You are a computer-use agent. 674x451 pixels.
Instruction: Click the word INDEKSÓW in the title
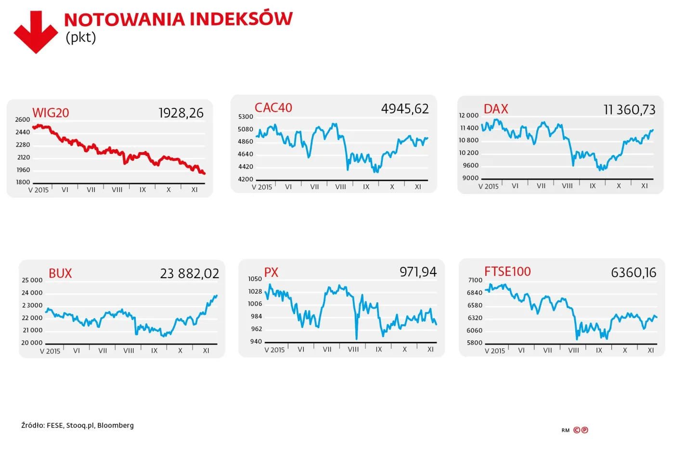[x=241, y=19]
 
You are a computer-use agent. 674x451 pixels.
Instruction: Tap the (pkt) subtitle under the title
[x=80, y=38]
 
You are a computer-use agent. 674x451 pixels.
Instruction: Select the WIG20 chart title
[x=51, y=113]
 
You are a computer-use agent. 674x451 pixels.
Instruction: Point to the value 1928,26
[x=181, y=113]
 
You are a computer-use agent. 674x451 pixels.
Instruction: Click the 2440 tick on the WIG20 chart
[x=23, y=132]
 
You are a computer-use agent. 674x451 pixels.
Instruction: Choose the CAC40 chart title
[x=273, y=108]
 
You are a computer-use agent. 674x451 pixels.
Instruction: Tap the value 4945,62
[x=404, y=109]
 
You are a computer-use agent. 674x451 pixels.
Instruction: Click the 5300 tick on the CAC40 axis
[x=246, y=116]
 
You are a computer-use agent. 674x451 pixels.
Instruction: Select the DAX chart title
[x=495, y=109]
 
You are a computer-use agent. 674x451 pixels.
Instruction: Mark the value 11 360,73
[x=629, y=110]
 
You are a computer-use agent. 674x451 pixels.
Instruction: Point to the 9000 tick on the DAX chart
[x=470, y=178]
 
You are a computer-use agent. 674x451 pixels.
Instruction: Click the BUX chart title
[x=60, y=273]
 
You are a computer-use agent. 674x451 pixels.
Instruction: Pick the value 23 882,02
[x=189, y=273]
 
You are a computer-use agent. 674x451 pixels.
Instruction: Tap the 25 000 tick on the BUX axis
[x=32, y=280]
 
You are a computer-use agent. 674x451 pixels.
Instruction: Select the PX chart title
[x=271, y=272]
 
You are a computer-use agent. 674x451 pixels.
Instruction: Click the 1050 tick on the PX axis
[x=255, y=279]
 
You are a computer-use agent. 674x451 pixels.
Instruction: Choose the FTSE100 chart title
[x=507, y=271]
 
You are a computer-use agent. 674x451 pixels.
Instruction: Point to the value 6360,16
[x=634, y=273]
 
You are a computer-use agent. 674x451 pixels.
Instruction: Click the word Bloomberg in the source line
[x=116, y=425]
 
